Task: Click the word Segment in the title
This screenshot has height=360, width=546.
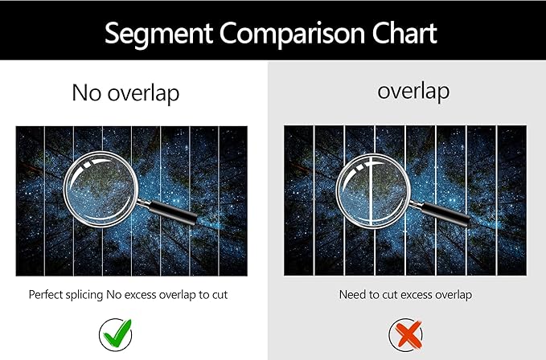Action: pos(158,34)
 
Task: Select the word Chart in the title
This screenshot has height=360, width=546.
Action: pos(404,33)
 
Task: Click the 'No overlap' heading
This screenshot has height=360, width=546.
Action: pos(125,93)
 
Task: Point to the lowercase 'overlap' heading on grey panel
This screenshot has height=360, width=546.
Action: pos(413,92)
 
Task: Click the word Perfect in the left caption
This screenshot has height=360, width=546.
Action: pos(45,295)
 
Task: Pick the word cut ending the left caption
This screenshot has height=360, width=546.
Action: pos(220,295)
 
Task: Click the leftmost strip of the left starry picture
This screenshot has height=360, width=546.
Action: pos(30,201)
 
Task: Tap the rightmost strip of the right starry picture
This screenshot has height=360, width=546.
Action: pos(511,201)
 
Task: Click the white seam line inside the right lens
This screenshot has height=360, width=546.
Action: pos(372,191)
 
